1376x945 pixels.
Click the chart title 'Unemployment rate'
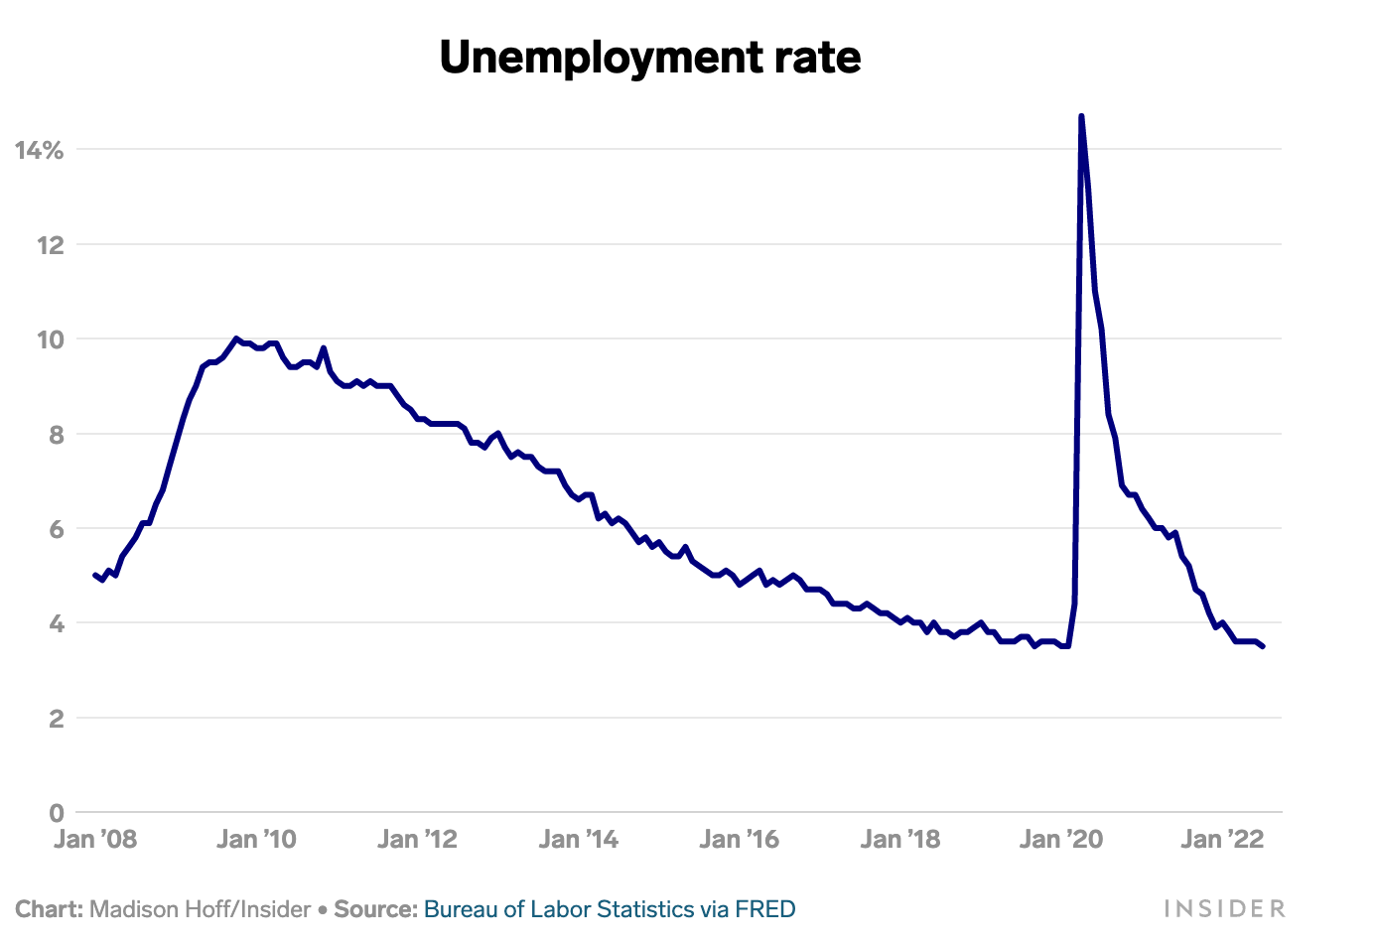[650, 58]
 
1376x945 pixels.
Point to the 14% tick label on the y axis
[40, 150]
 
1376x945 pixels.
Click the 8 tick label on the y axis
[56, 434]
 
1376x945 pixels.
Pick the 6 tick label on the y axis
[56, 529]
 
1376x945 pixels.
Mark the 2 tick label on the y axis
[56, 719]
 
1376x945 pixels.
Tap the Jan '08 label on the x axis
[95, 840]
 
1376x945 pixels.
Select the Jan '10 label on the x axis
[256, 840]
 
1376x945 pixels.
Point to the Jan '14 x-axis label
[578, 840]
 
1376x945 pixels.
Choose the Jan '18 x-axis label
[899, 840]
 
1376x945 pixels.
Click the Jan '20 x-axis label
[1060, 840]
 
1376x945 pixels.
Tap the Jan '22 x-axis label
[1222, 840]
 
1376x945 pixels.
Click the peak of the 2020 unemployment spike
[1081, 117]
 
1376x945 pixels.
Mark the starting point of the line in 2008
[94, 575]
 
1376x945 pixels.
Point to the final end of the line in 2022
[1263, 646]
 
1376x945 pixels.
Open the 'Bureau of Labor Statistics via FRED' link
[610, 909]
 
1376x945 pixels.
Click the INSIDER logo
[1223, 909]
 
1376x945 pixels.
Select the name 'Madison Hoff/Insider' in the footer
[200, 909]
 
